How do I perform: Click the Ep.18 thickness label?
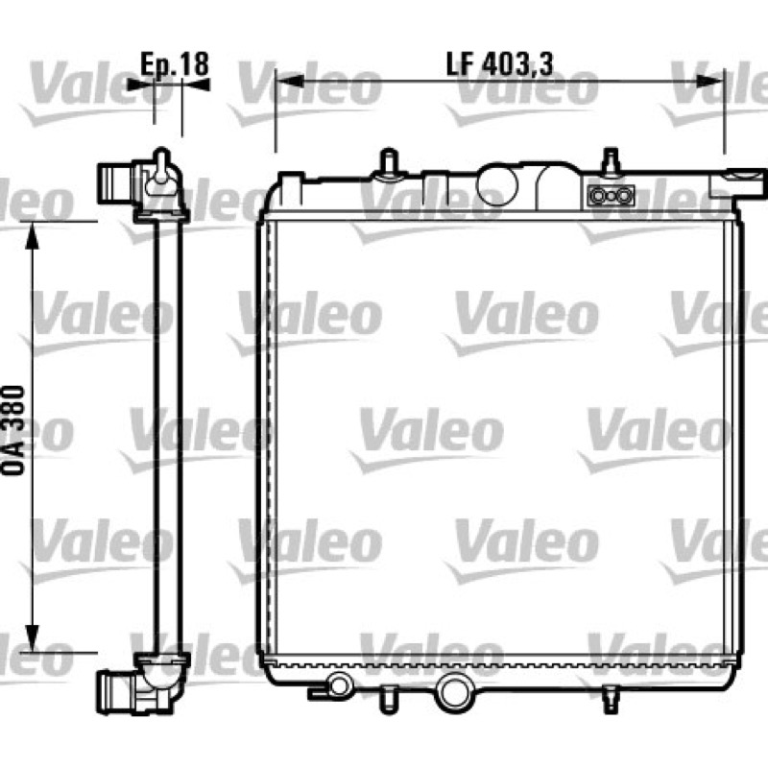click(x=175, y=63)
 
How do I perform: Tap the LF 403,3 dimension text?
click(x=499, y=63)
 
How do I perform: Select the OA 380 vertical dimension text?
click(x=13, y=430)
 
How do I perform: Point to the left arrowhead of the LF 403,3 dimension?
click(x=290, y=82)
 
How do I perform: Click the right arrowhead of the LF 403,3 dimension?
click(x=710, y=82)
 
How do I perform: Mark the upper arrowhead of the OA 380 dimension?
click(x=32, y=235)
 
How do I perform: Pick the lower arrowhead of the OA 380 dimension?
click(x=32, y=638)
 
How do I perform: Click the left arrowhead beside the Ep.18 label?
click(x=140, y=84)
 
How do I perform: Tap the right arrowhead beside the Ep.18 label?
click(x=196, y=84)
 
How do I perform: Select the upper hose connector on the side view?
click(x=115, y=183)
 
